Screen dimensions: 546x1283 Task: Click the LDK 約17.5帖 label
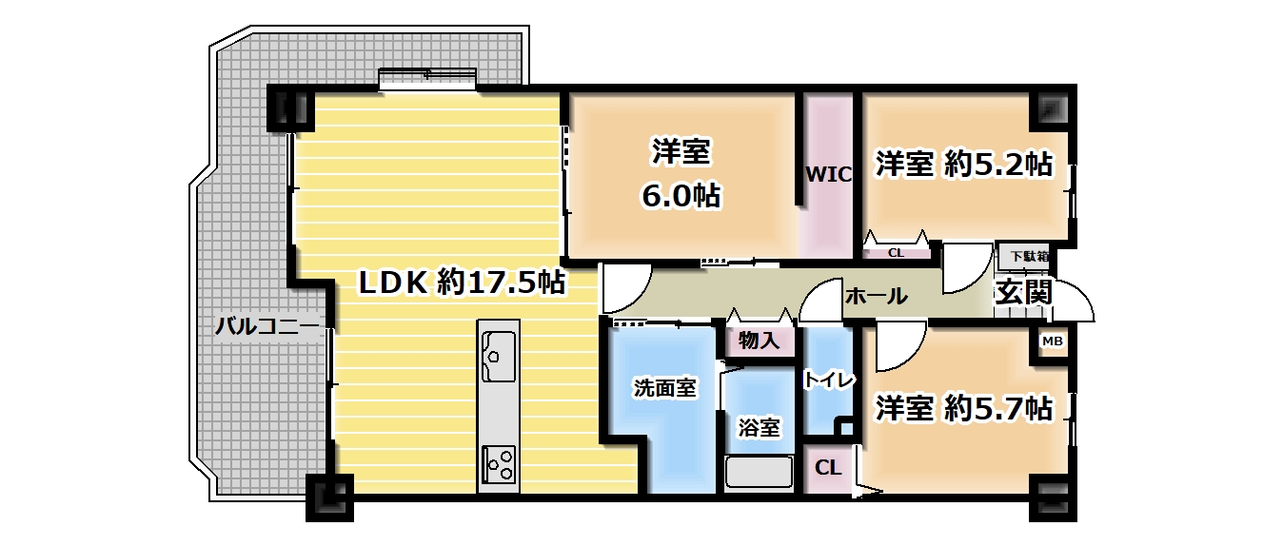point(461,283)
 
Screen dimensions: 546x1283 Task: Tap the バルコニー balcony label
point(266,326)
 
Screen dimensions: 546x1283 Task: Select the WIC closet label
point(828,174)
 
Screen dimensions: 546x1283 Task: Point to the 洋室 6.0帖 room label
point(681,173)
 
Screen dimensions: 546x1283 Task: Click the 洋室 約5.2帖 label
point(964,165)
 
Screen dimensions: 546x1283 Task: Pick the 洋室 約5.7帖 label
point(964,409)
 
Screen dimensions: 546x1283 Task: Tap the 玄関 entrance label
point(1023,293)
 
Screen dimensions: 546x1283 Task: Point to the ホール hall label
point(876,297)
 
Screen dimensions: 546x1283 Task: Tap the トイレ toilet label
point(828,380)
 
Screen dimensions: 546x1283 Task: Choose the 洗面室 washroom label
point(665,388)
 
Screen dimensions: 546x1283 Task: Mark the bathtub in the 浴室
point(759,473)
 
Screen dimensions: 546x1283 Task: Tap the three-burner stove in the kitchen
point(499,463)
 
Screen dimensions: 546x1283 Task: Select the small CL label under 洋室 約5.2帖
point(896,253)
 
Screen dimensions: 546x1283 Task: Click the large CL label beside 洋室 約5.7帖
point(828,468)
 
